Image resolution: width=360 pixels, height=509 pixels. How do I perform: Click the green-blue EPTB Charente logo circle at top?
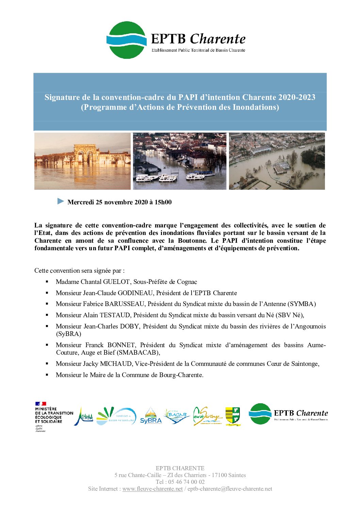pyautogui.click(x=126, y=40)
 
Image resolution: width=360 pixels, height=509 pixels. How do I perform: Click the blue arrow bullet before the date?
pyautogui.click(x=61, y=201)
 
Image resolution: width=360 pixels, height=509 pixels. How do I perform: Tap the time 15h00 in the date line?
pyautogui.click(x=163, y=202)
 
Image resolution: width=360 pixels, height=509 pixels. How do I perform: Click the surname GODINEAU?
pyautogui.click(x=136, y=293)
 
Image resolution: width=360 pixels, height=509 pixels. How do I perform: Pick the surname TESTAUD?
pyautogui.click(x=115, y=315)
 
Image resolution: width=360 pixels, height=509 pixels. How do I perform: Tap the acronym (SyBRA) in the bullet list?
pyautogui.click(x=68, y=334)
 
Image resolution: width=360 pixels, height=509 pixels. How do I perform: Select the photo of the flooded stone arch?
pyautogui.click(x=82, y=161)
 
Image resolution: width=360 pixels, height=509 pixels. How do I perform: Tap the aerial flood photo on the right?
pyautogui.click(x=277, y=161)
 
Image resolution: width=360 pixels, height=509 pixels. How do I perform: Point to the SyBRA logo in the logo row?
pyautogui.click(x=151, y=417)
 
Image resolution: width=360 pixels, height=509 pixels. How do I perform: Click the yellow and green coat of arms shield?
pyautogui.click(x=233, y=416)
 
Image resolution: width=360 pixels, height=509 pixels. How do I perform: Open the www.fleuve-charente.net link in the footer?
pyautogui.click(x=152, y=489)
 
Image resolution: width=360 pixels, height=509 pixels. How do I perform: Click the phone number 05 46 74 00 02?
pyautogui.click(x=186, y=482)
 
